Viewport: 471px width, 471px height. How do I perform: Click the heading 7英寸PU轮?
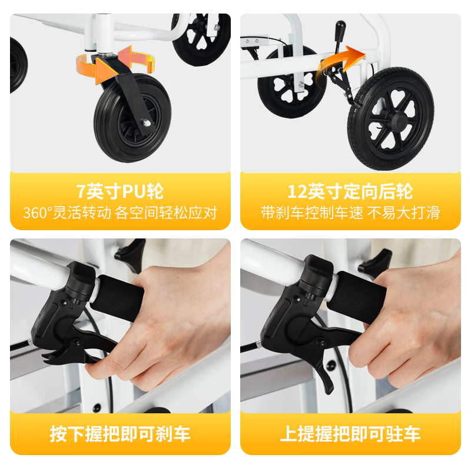(120, 191)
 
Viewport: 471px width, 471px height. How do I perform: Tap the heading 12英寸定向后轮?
(350, 191)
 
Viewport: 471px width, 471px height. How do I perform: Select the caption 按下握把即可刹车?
(120, 434)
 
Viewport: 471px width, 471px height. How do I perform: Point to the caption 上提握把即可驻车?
(350, 434)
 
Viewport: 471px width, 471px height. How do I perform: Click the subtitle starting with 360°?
(120, 213)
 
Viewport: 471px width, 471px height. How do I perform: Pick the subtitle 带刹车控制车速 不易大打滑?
(350, 213)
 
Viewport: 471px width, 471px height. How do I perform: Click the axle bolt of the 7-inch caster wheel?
(144, 122)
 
